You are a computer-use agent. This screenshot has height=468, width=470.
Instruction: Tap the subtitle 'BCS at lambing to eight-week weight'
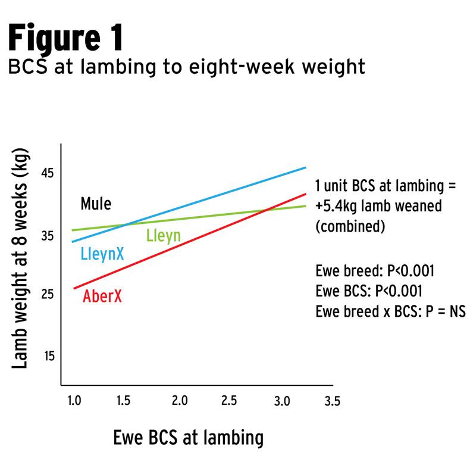pyautogui.click(x=186, y=67)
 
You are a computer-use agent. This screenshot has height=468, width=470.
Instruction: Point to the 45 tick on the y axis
pyautogui.click(x=47, y=173)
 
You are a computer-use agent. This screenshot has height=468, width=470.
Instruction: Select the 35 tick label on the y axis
pyautogui.click(x=47, y=236)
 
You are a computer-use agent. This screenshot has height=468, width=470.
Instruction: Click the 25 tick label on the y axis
pyautogui.click(x=47, y=294)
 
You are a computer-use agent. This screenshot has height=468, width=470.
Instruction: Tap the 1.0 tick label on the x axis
pyautogui.click(x=74, y=401)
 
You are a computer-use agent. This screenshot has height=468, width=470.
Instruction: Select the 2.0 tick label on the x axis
pyautogui.click(x=180, y=401)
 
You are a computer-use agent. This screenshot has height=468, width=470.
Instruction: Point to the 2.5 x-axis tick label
pyautogui.click(x=231, y=401)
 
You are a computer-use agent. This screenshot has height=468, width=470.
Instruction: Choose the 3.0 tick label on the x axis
pyautogui.click(x=282, y=401)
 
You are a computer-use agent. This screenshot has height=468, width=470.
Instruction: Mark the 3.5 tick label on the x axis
pyautogui.click(x=332, y=401)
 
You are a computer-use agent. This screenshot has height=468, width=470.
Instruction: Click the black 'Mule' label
pyautogui.click(x=96, y=205)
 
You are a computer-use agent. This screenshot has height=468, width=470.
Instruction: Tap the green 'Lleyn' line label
pyautogui.click(x=163, y=236)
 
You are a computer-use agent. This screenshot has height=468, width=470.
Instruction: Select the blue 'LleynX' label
pyautogui.click(x=102, y=254)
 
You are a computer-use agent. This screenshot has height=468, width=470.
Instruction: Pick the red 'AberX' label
pyautogui.click(x=102, y=295)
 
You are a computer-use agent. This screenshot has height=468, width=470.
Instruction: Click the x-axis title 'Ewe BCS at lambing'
pyautogui.click(x=188, y=439)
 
